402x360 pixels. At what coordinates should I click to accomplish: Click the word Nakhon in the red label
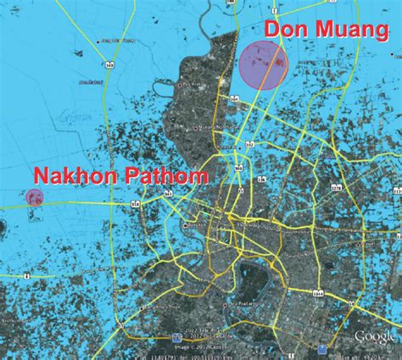click(73, 176)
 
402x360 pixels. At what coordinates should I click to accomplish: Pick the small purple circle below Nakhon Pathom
click(35, 198)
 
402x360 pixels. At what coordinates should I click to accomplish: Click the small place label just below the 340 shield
click(85, 82)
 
